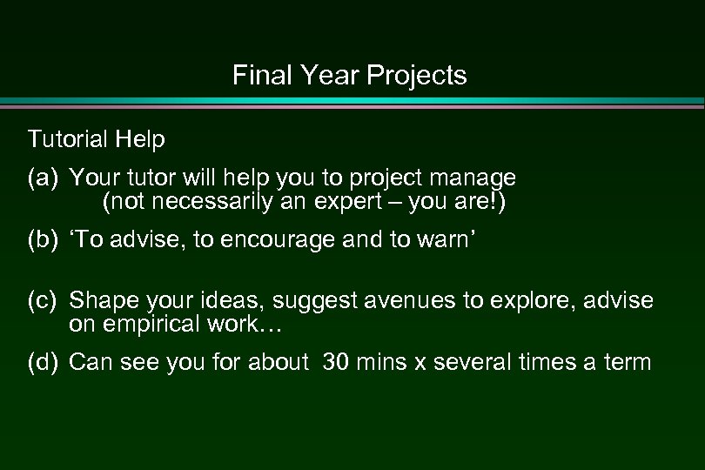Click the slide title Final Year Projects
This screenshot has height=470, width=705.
[350, 77]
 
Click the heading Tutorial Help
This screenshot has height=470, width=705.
[96, 139]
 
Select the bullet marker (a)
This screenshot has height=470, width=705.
[44, 178]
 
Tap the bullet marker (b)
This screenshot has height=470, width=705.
[44, 239]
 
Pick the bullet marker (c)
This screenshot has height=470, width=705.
[44, 300]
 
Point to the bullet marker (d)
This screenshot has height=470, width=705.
[44, 362]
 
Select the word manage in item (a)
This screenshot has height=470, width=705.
[477, 179]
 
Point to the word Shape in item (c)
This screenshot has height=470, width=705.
[97, 301]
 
